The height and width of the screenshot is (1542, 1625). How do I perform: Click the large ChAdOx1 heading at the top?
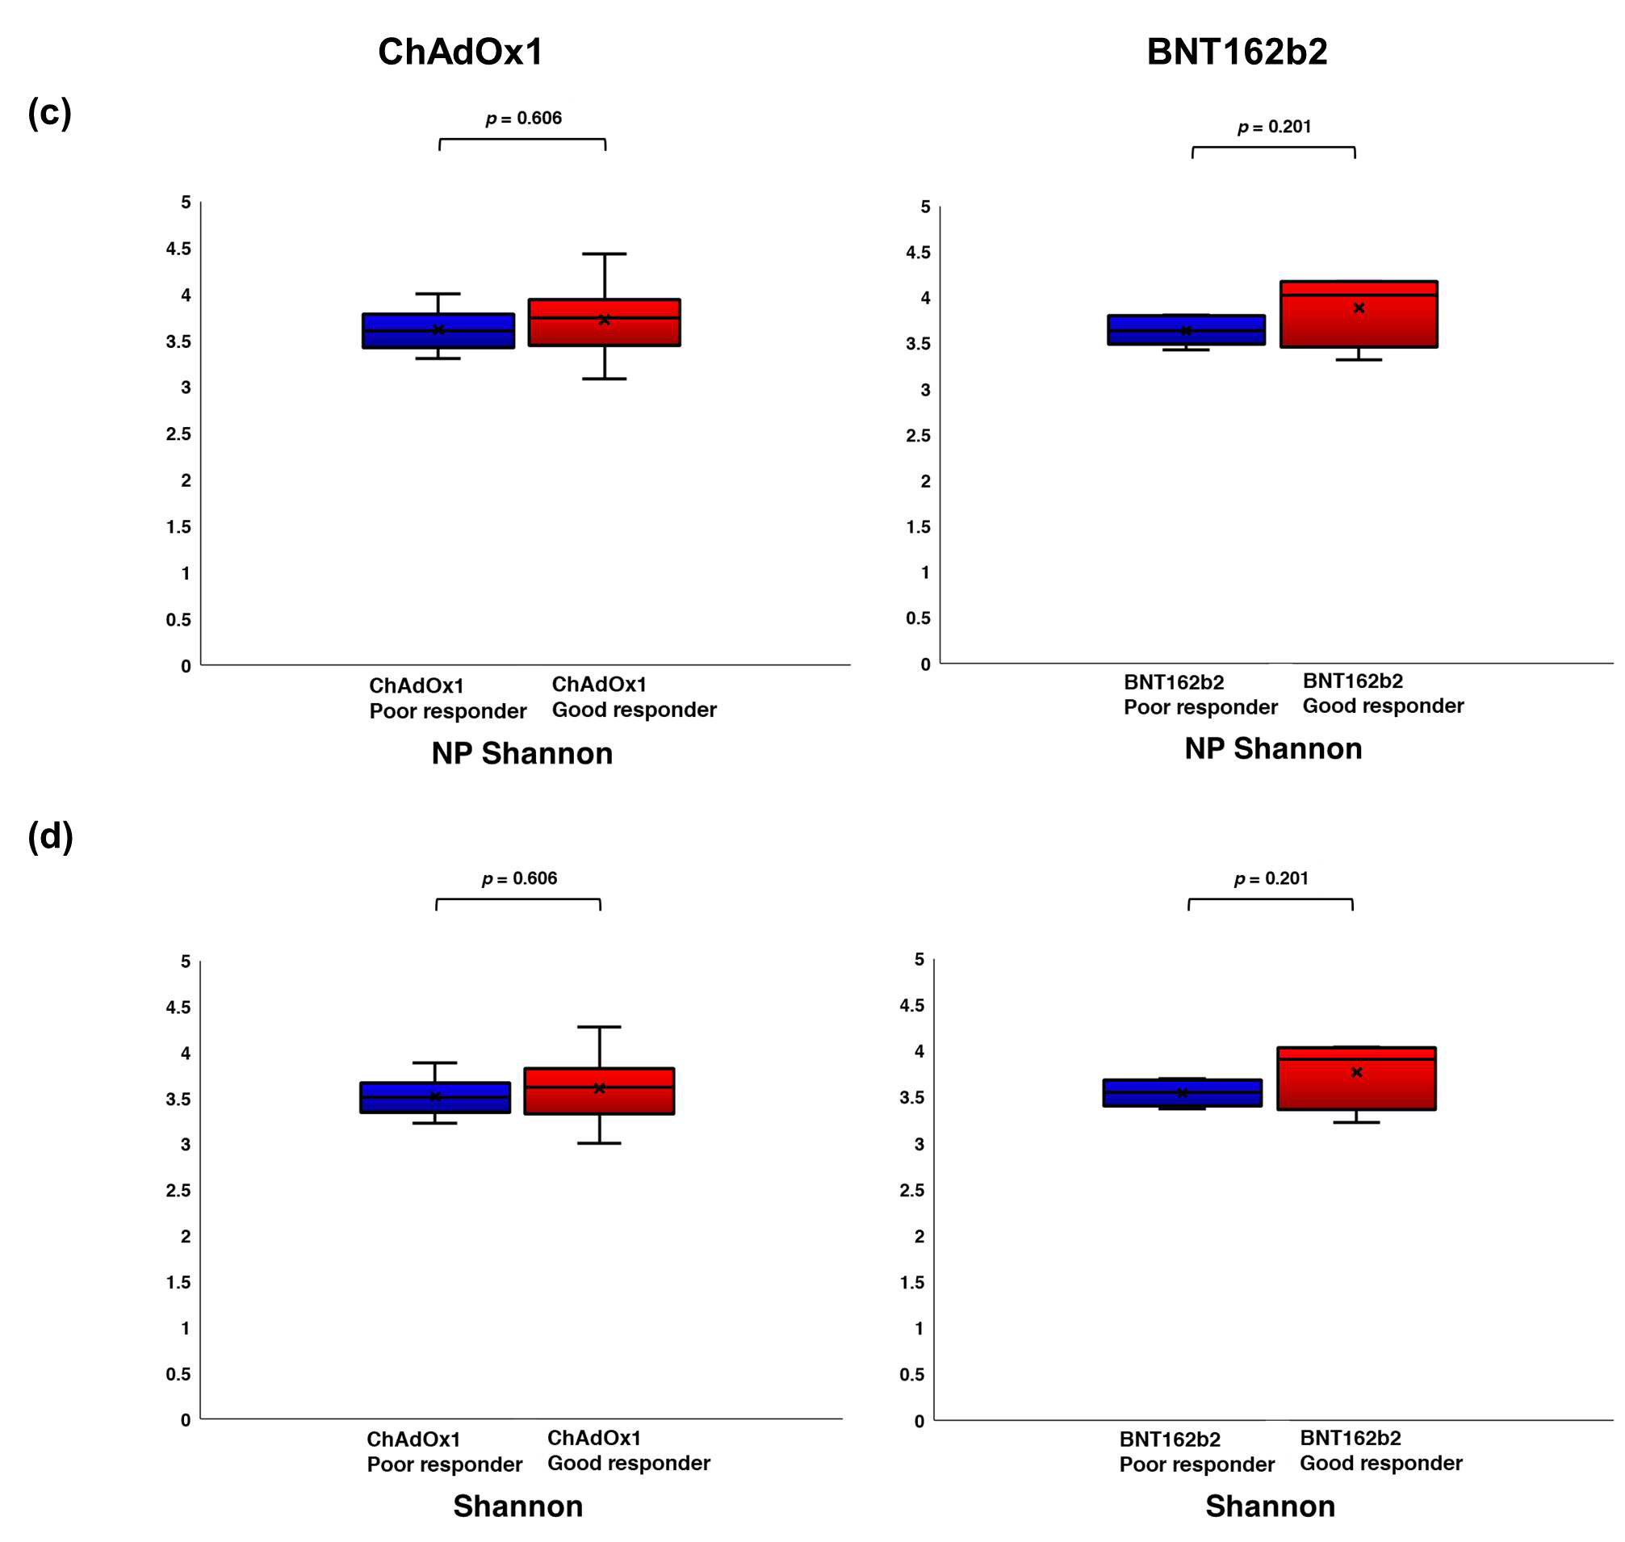pyautogui.click(x=460, y=52)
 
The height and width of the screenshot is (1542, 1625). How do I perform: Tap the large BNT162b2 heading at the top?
pyautogui.click(x=1237, y=52)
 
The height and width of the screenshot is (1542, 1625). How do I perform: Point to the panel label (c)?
pyautogui.click(x=49, y=111)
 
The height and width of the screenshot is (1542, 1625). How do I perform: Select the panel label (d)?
pyautogui.click(x=50, y=836)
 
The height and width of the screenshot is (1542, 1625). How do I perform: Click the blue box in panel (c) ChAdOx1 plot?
pyautogui.click(x=438, y=330)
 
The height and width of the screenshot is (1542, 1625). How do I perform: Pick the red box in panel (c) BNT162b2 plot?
pyautogui.click(x=1358, y=314)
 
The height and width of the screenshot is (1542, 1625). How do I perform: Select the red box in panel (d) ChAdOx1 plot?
pyautogui.click(x=599, y=1091)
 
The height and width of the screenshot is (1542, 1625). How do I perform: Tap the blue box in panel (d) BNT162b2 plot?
pyautogui.click(x=1182, y=1092)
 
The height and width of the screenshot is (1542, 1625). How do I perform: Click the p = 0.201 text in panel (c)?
pyautogui.click(x=1274, y=127)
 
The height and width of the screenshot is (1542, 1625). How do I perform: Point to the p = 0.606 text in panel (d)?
pyautogui.click(x=520, y=878)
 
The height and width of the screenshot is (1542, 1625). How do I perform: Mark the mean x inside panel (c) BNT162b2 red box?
pyautogui.click(x=1359, y=308)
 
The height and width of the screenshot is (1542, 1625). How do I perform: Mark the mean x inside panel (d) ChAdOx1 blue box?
pyautogui.click(x=436, y=1096)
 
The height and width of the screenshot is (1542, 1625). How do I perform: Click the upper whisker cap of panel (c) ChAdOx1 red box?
pyautogui.click(x=604, y=254)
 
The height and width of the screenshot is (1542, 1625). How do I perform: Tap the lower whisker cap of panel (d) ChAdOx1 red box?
pyautogui.click(x=599, y=1142)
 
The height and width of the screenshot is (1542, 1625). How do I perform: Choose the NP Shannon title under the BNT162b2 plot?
pyautogui.click(x=1273, y=749)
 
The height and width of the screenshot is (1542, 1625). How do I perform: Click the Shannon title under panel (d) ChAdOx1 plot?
pyautogui.click(x=517, y=1506)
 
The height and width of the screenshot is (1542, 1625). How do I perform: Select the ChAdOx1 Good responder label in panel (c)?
pyautogui.click(x=634, y=697)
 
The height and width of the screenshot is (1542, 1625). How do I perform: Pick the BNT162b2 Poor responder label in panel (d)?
pyautogui.click(x=1197, y=1452)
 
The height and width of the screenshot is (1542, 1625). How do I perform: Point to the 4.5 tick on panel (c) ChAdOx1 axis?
pyautogui.click(x=178, y=248)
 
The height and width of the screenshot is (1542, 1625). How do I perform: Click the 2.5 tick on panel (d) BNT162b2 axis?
pyautogui.click(x=911, y=1189)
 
